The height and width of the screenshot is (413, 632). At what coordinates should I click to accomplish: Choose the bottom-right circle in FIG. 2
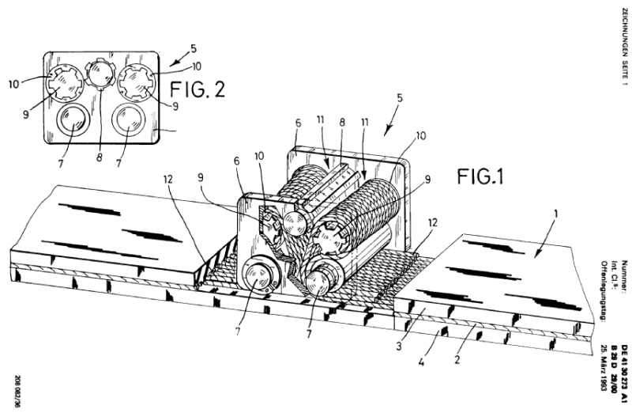point(128,122)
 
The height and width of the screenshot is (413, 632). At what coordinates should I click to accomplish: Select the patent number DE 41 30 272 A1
point(624,355)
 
